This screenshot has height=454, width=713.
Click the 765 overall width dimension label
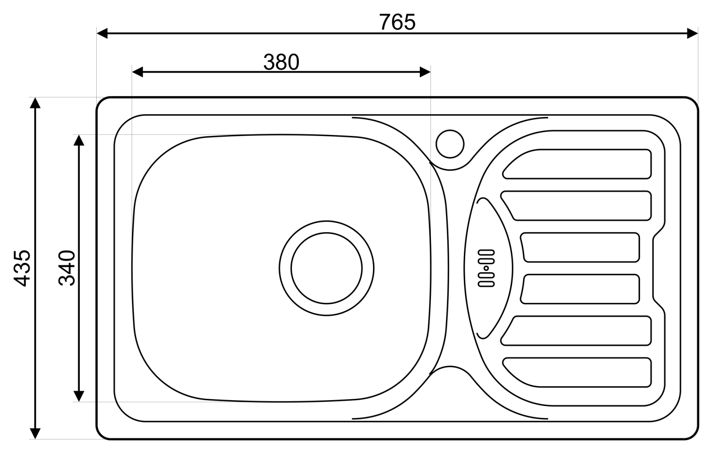click(x=397, y=22)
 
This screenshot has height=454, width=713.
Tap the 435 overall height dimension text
click(x=22, y=268)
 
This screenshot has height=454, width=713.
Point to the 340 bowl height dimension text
click(x=67, y=268)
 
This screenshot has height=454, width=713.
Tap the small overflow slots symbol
click(x=486, y=268)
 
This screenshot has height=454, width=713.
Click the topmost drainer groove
click(x=577, y=164)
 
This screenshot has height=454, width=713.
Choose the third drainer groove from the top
click(x=580, y=247)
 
